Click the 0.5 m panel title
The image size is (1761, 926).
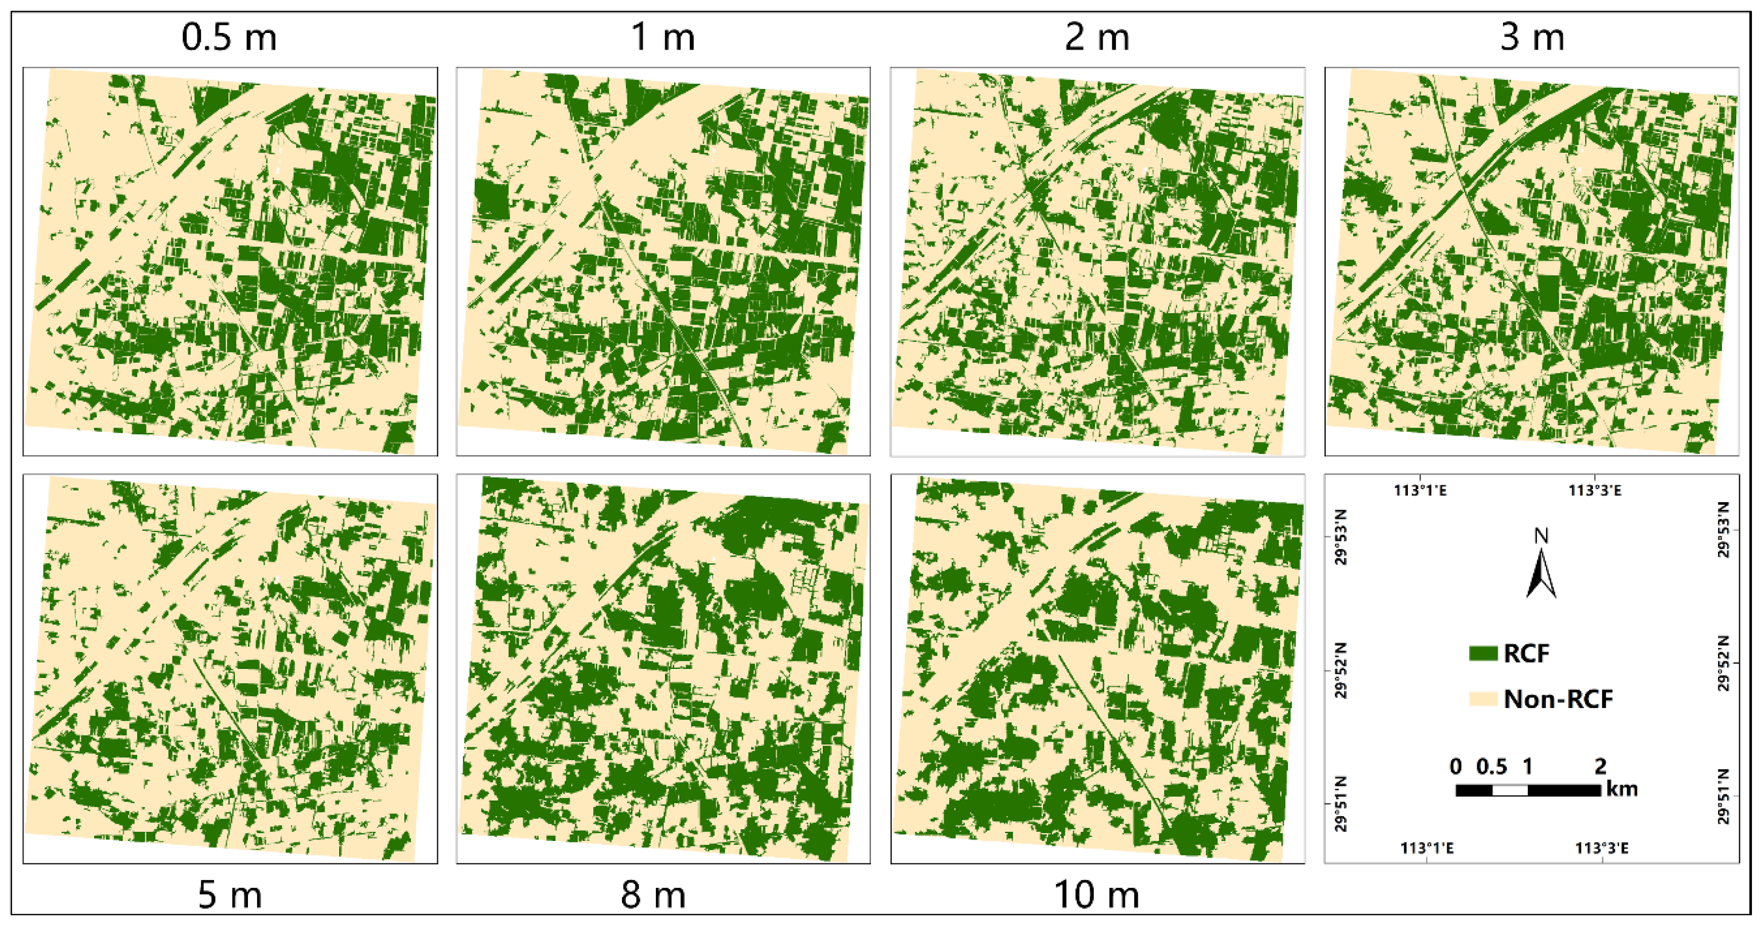click(x=229, y=37)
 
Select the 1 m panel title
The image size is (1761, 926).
click(x=663, y=37)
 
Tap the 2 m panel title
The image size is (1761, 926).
click(x=1096, y=37)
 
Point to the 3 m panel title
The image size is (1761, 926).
click(x=1532, y=37)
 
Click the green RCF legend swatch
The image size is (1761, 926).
click(x=1483, y=653)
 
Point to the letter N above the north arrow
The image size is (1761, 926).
click(x=1541, y=536)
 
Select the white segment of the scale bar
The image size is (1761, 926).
click(x=1509, y=790)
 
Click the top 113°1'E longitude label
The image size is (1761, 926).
click(x=1420, y=490)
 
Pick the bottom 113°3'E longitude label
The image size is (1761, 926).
click(x=1602, y=848)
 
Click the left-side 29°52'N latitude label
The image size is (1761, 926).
click(x=1341, y=670)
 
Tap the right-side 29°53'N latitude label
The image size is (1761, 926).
click(x=1723, y=529)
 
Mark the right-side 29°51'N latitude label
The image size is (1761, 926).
click(x=1723, y=796)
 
